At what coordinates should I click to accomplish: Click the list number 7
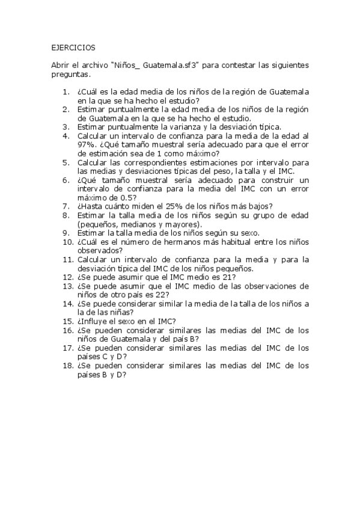[67, 206]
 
